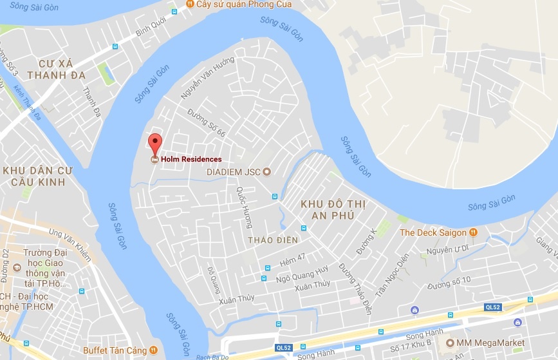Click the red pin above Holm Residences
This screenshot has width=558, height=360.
[154, 142]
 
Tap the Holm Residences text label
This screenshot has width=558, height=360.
[191, 159]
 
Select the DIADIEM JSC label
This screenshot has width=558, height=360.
[234, 172]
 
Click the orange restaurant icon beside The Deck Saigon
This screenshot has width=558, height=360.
[474, 232]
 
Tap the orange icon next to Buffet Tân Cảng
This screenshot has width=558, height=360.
[153, 350]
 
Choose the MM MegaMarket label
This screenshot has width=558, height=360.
[490, 343]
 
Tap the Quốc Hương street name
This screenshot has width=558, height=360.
[245, 207]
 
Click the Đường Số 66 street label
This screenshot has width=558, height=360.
[206, 123]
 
